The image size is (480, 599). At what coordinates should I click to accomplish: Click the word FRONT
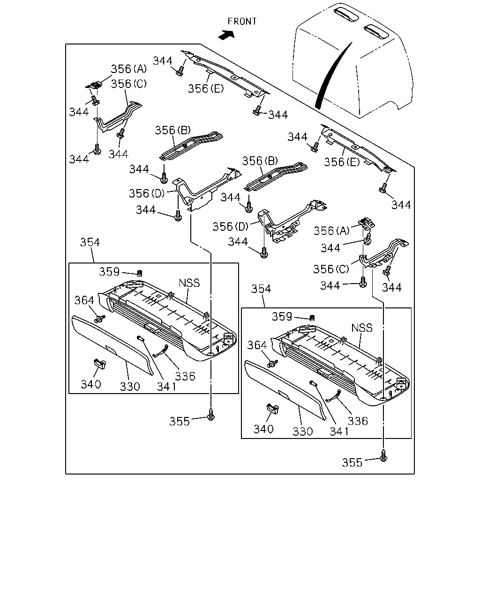242,22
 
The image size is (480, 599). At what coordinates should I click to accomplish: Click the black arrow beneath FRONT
226,35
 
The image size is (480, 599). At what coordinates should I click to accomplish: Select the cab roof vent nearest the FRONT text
346,14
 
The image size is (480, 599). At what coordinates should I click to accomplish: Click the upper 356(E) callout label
206,89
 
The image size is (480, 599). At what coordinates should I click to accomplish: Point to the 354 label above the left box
90,242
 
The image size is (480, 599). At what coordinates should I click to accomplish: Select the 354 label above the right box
261,289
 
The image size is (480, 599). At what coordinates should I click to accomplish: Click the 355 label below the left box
180,422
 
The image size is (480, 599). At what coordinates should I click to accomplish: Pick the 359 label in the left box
109,271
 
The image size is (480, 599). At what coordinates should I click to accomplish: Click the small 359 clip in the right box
312,318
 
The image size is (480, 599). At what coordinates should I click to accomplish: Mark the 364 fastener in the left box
100,319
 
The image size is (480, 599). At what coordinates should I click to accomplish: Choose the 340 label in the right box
263,429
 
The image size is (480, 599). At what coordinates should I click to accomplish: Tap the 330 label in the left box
130,387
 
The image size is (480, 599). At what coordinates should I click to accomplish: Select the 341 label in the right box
339,431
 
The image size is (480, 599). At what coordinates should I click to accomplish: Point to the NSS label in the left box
189,283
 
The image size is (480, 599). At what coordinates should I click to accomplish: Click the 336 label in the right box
358,421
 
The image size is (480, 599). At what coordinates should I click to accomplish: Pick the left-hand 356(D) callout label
147,193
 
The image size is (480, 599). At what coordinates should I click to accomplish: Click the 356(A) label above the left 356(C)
128,69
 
